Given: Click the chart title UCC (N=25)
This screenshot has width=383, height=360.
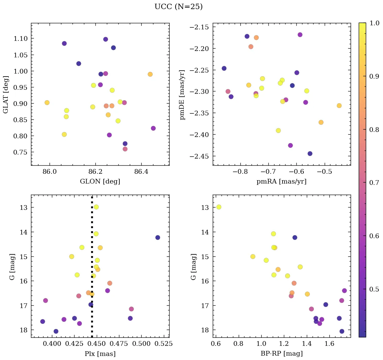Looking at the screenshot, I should pos(178,7).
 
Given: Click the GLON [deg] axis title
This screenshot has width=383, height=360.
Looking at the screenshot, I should pos(100,182).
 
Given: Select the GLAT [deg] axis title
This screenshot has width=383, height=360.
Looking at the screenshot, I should pos(6,94).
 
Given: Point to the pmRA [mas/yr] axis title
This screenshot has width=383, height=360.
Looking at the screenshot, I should pos(282,182).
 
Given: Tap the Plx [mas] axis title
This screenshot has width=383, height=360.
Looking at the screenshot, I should pos(100,354).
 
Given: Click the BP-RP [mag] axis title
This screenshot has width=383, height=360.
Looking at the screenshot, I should pos(282,354).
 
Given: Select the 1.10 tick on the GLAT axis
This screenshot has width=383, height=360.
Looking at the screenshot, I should pos(21,38).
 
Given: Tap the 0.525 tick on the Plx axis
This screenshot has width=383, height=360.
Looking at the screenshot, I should pos(165,344).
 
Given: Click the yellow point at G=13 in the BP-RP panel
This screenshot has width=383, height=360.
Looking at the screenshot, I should pos(219,207).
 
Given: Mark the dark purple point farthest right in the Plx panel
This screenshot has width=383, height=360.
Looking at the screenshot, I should pos(157,238).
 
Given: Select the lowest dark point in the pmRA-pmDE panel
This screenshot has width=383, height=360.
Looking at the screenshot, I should pos(310,154).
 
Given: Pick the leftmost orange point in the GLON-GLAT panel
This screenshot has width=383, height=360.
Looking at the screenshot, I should pos(47,103).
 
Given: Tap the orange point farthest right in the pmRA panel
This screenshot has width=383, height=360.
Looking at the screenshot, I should pos(339,106).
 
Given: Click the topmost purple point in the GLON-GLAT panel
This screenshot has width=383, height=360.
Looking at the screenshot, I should pos(106,39).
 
